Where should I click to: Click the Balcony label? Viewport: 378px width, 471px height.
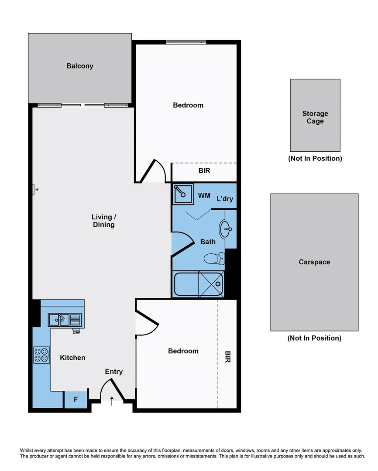(80, 66)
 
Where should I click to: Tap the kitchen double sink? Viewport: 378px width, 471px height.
(59, 320)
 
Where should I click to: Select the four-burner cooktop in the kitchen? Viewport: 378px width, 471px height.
(41, 355)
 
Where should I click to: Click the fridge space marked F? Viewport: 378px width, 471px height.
(76, 399)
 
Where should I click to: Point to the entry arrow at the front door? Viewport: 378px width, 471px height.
(112, 400)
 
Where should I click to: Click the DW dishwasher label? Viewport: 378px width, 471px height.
(76, 332)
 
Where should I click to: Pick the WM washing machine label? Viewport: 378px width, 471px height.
(204, 195)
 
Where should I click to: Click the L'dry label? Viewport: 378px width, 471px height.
(225, 199)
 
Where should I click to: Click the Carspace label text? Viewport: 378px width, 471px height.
(314, 262)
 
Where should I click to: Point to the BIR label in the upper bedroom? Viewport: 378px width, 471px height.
(204, 171)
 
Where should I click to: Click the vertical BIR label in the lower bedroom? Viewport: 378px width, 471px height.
(227, 357)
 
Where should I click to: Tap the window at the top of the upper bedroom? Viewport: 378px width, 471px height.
(186, 42)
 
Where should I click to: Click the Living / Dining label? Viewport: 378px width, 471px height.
(103, 221)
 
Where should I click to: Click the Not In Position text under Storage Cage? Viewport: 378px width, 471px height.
(315, 158)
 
